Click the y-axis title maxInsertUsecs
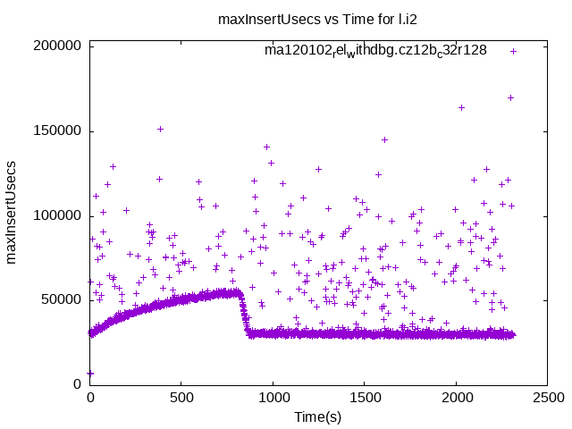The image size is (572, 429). click(13, 214)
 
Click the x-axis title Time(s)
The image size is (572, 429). click(318, 417)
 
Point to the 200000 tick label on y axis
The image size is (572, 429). click(57, 46)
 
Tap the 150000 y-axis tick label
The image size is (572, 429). click(57, 131)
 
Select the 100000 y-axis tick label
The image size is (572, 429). click(57, 215)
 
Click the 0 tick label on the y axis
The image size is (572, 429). click(79, 384)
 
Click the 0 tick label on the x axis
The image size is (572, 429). click(89, 399)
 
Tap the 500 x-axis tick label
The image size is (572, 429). click(181, 399)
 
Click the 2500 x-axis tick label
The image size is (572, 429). click(548, 399)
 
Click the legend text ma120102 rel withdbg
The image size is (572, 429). click(375, 50)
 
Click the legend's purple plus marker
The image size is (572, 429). click(513, 51)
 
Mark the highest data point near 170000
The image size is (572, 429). click(510, 97)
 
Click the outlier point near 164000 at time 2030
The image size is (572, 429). click(461, 107)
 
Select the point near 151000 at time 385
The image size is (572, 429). click(160, 129)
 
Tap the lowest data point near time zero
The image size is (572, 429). click(90, 373)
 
